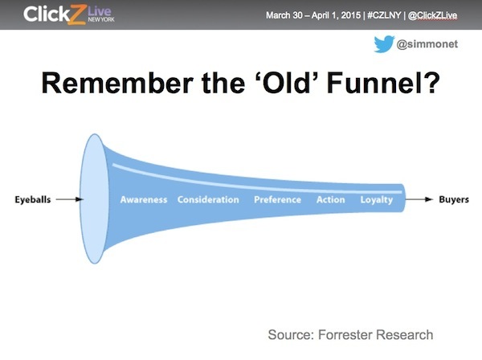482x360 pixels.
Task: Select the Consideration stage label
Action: (x=208, y=199)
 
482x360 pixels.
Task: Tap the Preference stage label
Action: (x=277, y=199)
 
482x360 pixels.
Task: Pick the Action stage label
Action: (x=330, y=199)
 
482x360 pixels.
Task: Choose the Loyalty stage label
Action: (x=376, y=199)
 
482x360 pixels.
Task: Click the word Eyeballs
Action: (x=34, y=199)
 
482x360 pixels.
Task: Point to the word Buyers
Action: (x=453, y=199)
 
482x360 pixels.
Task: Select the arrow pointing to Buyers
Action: (x=420, y=199)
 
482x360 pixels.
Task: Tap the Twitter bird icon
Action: (x=383, y=45)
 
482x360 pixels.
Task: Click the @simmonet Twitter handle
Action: (x=427, y=45)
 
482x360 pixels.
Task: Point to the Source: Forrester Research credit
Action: (x=350, y=334)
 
